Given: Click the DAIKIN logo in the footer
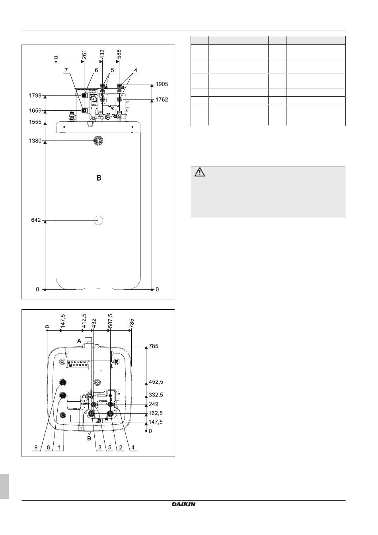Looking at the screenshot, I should coord(183,504).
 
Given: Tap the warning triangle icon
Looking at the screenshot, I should coord(199,172).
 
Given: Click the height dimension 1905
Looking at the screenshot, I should coord(162,84).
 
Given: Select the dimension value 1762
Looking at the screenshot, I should coord(162,100).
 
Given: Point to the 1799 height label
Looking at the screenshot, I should coord(35,96).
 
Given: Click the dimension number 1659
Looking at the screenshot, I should coord(35,110).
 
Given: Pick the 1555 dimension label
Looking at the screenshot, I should coord(35,122).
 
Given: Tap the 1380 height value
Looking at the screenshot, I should coord(35,141).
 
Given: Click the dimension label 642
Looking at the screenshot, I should coord(36,220).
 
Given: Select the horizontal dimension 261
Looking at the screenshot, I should coord(84,55).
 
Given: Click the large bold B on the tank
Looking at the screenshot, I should coord(99,178).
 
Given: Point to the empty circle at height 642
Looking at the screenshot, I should coord(98,220).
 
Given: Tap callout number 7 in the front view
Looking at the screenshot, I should coord(66,70).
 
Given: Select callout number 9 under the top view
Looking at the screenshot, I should coord(36,447).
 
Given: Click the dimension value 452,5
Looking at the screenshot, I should coord(156,382).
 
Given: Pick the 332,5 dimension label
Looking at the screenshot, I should coord(156,395).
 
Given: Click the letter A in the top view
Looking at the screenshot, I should coord(79,341).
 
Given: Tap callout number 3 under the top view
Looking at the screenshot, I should coord(99,447).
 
